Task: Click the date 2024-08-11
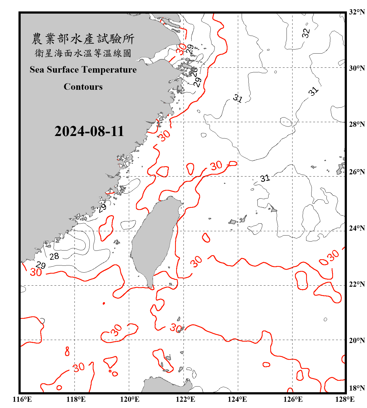tap(89, 131)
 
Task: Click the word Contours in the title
tap(83, 87)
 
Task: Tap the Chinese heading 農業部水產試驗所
tap(83, 39)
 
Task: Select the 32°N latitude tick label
tap(357, 12)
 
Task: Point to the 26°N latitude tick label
tap(357, 172)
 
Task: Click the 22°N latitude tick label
tap(357, 284)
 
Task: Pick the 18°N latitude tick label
tap(357, 388)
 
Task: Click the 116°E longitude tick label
tap(22, 399)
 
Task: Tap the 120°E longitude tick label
tap(130, 399)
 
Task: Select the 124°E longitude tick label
tap(237, 399)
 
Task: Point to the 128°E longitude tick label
tap(345, 399)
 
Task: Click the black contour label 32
tap(306, 33)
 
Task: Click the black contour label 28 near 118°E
tap(54, 256)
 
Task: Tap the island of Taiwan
tap(154, 239)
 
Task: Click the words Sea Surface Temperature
tap(83, 70)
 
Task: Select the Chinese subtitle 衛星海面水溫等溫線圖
tap(83, 53)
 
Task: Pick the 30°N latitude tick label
tap(357, 68)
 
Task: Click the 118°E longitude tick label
tap(76, 399)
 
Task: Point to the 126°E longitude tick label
tap(293, 399)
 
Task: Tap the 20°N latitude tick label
tap(357, 341)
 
